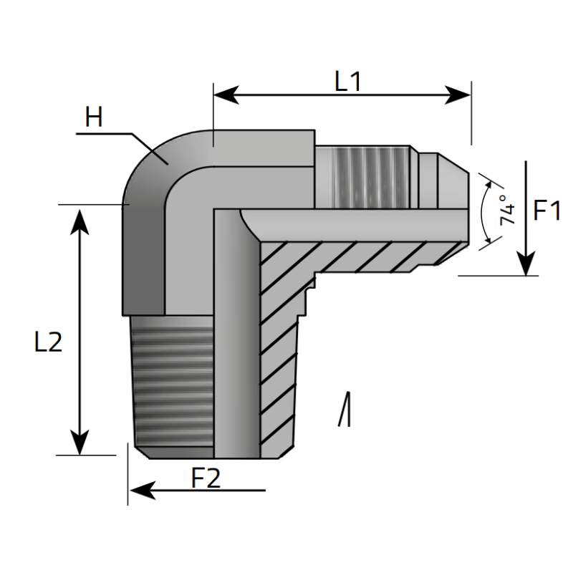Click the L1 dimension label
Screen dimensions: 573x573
point(348,82)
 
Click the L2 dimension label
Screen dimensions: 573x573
point(48,342)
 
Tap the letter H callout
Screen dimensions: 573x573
point(94,117)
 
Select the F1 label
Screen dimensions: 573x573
point(546,211)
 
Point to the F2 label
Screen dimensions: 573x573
point(206,478)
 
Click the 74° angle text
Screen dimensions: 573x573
point(508,210)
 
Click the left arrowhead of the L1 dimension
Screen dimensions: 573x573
point(226,95)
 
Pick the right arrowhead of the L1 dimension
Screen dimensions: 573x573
point(458,95)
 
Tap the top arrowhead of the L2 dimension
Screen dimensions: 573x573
point(80,222)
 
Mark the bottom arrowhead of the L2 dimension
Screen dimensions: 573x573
point(80,443)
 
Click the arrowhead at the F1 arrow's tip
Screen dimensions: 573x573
point(526,263)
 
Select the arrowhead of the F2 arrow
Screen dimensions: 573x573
point(143,491)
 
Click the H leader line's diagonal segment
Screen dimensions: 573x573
point(150,149)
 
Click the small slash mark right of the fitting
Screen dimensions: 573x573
point(345,409)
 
